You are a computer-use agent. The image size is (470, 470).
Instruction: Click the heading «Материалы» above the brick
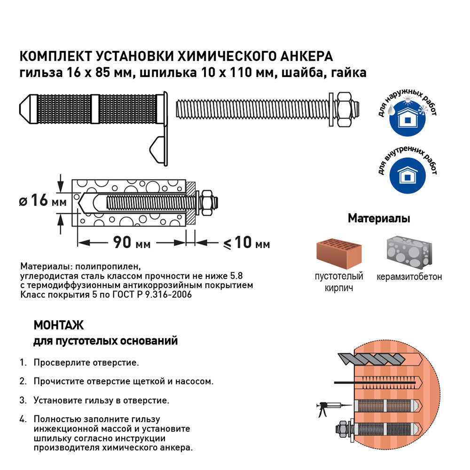tap(378, 219)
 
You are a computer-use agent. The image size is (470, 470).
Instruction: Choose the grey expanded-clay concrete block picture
tap(408, 251)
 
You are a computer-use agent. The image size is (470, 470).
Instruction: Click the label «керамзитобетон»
tap(409, 277)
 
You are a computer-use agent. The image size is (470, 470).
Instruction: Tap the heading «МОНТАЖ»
tap(58, 325)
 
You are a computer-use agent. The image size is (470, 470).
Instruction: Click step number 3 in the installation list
tap(23, 400)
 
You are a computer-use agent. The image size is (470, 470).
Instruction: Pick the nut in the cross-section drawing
tap(206, 201)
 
